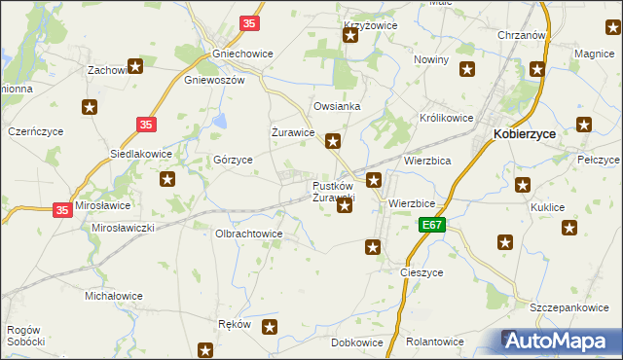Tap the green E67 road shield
pos(433,225)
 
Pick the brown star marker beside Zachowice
pos(135,67)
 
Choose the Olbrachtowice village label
pos(248,234)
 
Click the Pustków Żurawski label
pos(333,192)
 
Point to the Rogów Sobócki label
pos(25,336)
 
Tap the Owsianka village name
pos(337,106)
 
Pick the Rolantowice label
pos(434,342)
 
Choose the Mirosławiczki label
pos(124,227)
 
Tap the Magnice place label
pos(594,54)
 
